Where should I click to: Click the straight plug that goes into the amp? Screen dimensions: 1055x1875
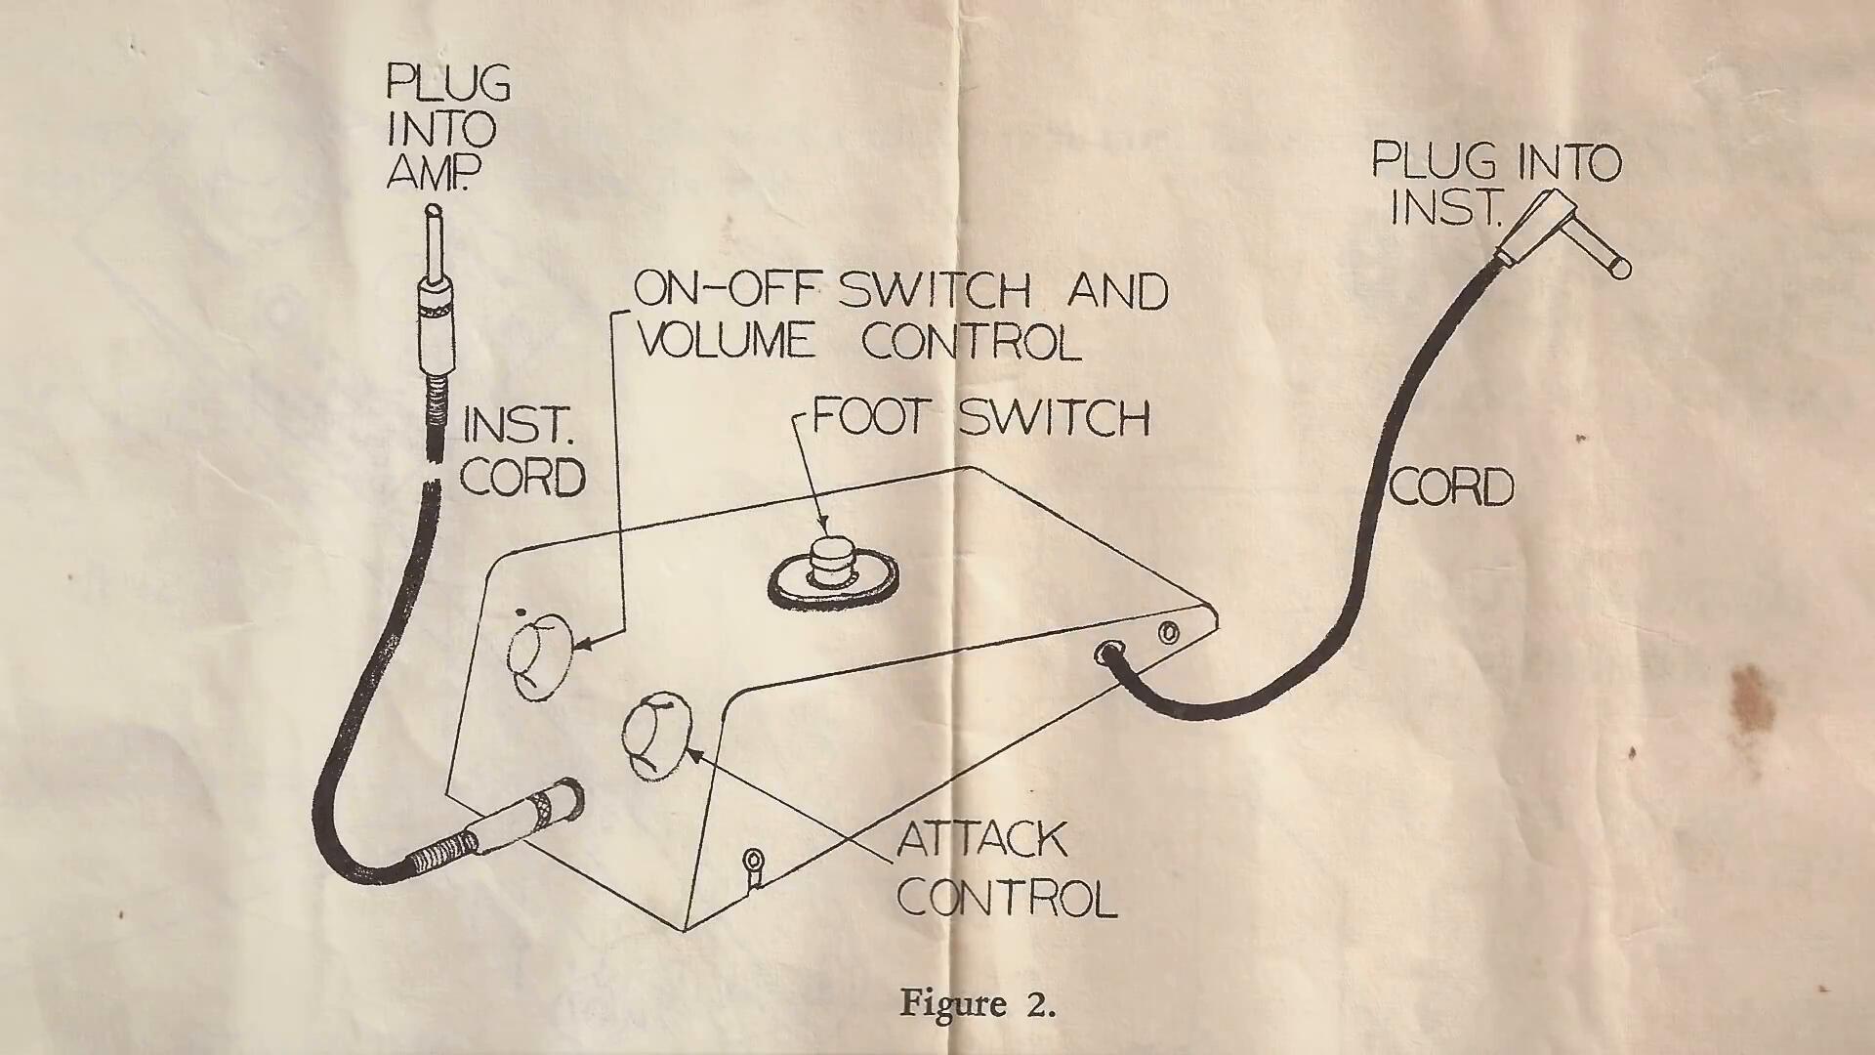(x=435, y=293)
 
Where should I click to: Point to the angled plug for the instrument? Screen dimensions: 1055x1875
(x=1562, y=234)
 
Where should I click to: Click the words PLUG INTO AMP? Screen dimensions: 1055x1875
(x=448, y=127)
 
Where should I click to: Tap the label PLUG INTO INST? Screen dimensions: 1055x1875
(x=1494, y=183)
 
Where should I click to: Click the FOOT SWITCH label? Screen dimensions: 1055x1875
(x=980, y=417)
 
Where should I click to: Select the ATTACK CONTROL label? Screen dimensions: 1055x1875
(x=1006, y=868)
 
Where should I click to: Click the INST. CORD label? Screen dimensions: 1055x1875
(x=522, y=451)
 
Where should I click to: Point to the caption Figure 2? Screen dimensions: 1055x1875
(x=978, y=1003)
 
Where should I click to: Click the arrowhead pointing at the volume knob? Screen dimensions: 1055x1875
(x=583, y=645)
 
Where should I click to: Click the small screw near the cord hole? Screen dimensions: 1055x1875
(x=1168, y=633)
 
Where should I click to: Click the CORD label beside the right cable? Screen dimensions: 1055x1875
(x=1451, y=486)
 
